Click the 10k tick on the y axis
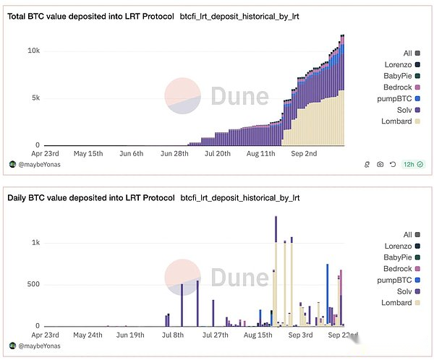[33, 51]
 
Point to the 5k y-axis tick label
[35, 98]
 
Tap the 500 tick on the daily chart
[33, 284]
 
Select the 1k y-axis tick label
[35, 243]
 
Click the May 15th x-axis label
[90, 153]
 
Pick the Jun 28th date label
[174, 153]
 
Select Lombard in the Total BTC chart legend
[396, 121]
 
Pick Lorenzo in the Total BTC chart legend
[398, 64]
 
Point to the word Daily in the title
[20, 197]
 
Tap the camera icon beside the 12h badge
[380, 164]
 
